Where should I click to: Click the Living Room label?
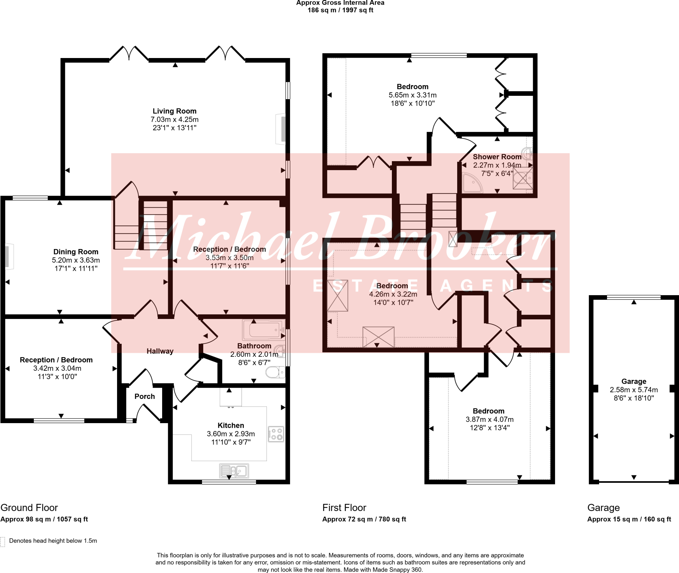pyautogui.click(x=174, y=111)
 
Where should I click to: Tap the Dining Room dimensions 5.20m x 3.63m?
pyautogui.click(x=76, y=260)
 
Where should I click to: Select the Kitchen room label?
pyautogui.click(x=231, y=425)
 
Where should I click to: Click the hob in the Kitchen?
pyautogui.click(x=276, y=434)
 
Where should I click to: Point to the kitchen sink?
pyautogui.click(x=234, y=471)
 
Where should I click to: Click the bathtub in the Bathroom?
pyautogui.click(x=264, y=330)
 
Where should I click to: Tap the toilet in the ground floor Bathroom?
pyautogui.click(x=275, y=372)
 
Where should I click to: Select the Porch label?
pyautogui.click(x=145, y=396)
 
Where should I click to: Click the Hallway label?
pyautogui.click(x=160, y=351)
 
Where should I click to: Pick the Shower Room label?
pyautogui.click(x=497, y=157)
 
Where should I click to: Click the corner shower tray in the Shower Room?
pyautogui.click(x=472, y=182)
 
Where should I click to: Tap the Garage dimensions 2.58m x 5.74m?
pyautogui.click(x=634, y=390)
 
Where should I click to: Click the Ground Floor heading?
pyautogui.click(x=29, y=508)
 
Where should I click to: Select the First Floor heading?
pyautogui.click(x=344, y=508)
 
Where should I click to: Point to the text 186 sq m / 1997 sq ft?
pyautogui.click(x=340, y=10)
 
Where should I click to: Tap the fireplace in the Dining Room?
pyautogui.click(x=9, y=257)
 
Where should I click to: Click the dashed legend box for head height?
pyautogui.click(x=3, y=542)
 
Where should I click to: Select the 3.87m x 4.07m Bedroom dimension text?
pyautogui.click(x=490, y=419)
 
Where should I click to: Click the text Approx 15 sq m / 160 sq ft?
pyautogui.click(x=629, y=519)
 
